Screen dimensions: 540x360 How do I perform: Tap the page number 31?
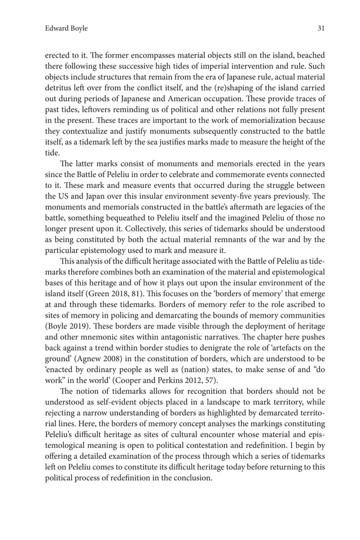pyautogui.click(x=321, y=28)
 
